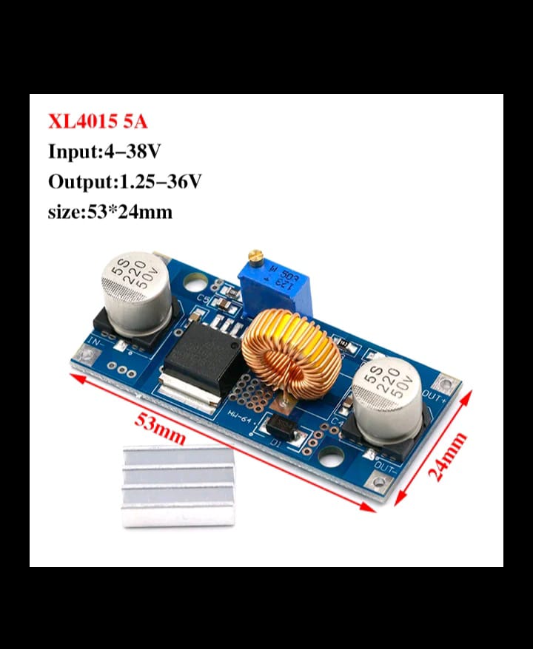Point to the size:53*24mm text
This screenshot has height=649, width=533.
[x=110, y=212]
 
